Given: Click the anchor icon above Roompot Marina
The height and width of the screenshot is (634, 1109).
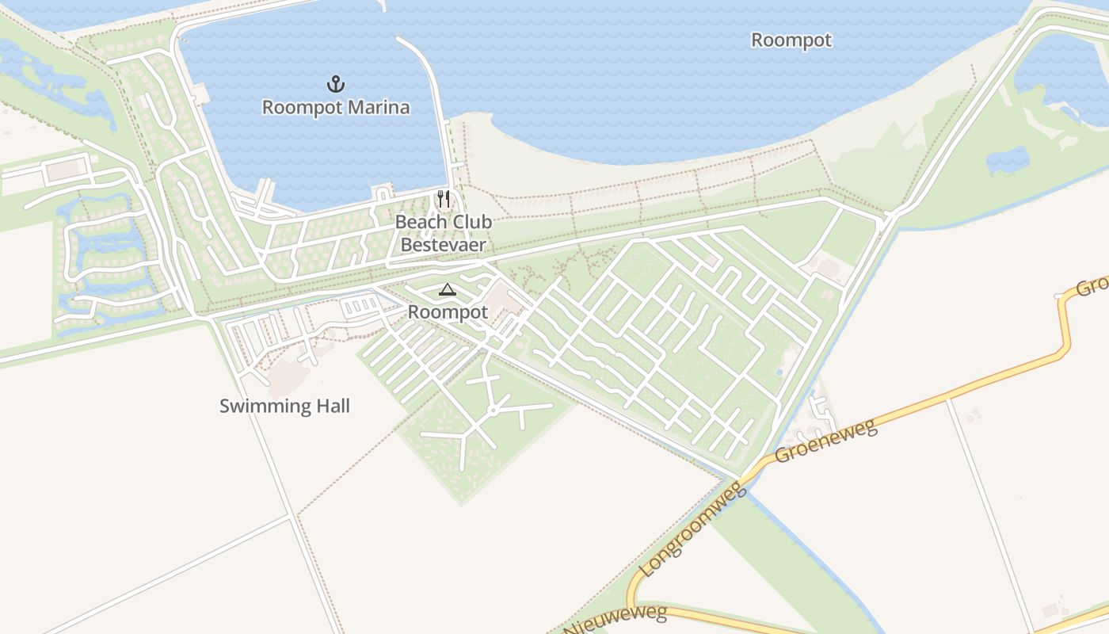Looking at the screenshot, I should [x=336, y=83].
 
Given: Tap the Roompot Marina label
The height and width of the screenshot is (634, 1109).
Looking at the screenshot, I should [x=336, y=108].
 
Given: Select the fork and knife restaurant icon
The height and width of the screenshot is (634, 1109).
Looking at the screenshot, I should [x=444, y=198].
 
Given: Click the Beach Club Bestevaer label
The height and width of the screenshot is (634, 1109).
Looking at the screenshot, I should [x=444, y=233].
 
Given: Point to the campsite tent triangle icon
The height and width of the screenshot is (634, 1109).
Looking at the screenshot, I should [x=448, y=290].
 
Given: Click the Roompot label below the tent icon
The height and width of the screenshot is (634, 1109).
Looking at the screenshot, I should [x=448, y=312].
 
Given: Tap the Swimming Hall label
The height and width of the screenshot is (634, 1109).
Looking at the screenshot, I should [x=284, y=407].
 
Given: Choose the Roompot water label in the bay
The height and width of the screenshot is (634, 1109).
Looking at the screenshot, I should [x=791, y=40].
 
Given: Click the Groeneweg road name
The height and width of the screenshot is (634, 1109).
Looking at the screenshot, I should [x=826, y=442].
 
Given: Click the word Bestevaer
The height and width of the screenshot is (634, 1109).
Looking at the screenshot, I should [x=444, y=244].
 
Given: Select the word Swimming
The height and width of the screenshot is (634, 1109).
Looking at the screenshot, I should [x=265, y=407].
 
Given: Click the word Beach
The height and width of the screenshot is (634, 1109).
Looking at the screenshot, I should [x=421, y=222].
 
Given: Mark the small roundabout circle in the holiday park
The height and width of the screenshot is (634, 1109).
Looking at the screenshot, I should [x=493, y=411].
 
